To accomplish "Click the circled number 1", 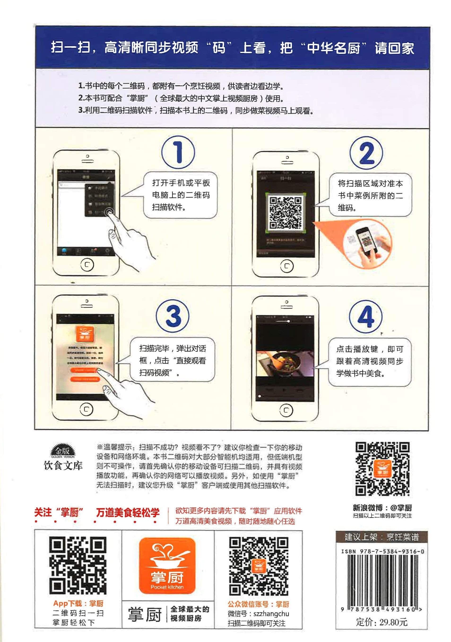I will pos(178,152).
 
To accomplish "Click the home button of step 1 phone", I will pos(87,265).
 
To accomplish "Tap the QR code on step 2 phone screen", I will pos(285,213).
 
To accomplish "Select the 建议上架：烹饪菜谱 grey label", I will pos(382,537).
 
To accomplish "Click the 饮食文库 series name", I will pos(63,466).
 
